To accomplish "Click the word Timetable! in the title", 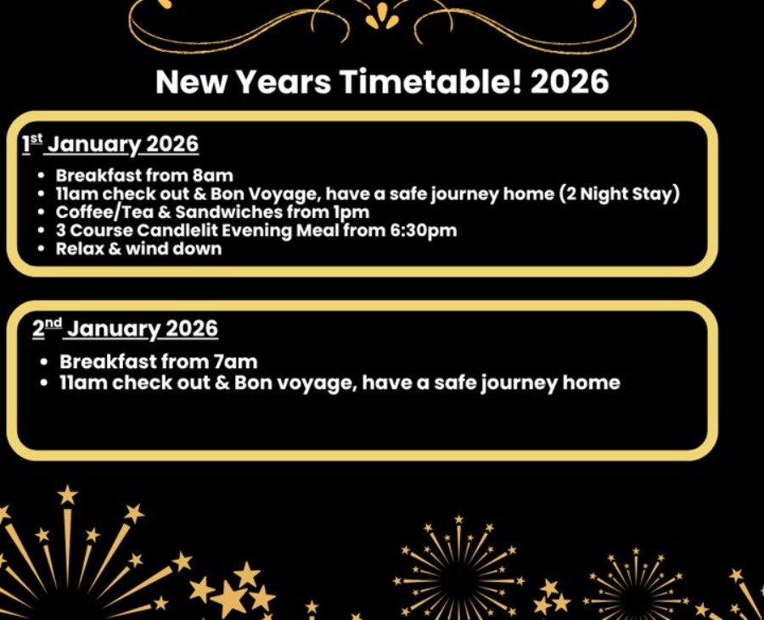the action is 430,81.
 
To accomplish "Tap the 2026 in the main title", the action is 570,81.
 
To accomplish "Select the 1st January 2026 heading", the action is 110,144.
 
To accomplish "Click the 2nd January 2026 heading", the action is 125,329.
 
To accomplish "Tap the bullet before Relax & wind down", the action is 41,249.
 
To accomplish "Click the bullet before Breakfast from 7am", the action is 44,362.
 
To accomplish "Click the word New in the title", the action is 191,81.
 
